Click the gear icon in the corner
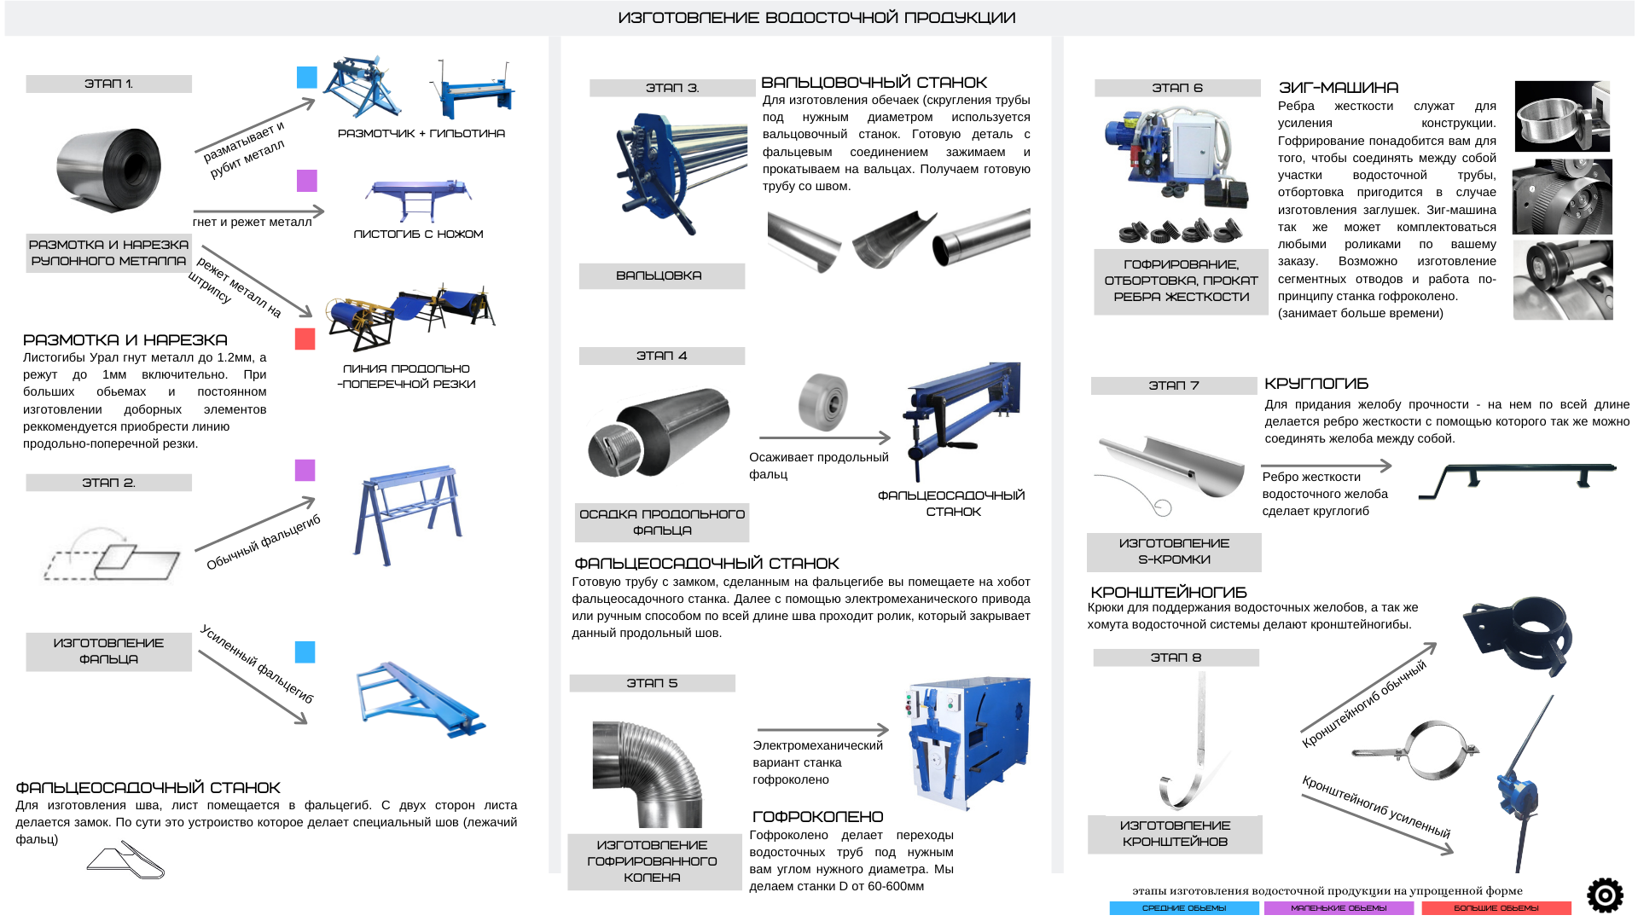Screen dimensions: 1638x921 (1605, 895)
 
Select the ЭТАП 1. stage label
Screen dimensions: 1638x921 (108, 84)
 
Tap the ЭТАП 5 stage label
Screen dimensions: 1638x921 (652, 683)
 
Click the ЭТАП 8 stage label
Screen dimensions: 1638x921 (1176, 657)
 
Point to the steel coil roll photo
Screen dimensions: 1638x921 (108, 170)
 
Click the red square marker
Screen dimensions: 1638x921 (305, 339)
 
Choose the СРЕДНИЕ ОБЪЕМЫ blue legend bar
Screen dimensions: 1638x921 (1184, 908)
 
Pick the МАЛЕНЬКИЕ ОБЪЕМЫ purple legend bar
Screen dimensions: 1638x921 (1339, 908)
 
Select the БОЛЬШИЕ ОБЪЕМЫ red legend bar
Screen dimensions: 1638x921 (1496, 908)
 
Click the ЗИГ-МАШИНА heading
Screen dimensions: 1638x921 (1339, 88)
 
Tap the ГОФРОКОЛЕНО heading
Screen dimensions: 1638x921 (817, 817)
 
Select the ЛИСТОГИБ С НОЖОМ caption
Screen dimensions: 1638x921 (418, 234)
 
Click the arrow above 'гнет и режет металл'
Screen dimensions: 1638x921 (258, 211)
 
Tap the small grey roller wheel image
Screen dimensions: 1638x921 (823, 402)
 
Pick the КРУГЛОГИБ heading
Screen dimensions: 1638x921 (1316, 384)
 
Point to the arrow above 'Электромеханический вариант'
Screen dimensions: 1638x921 (823, 730)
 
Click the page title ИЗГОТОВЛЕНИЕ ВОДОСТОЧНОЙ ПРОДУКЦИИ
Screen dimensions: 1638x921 (816, 18)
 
